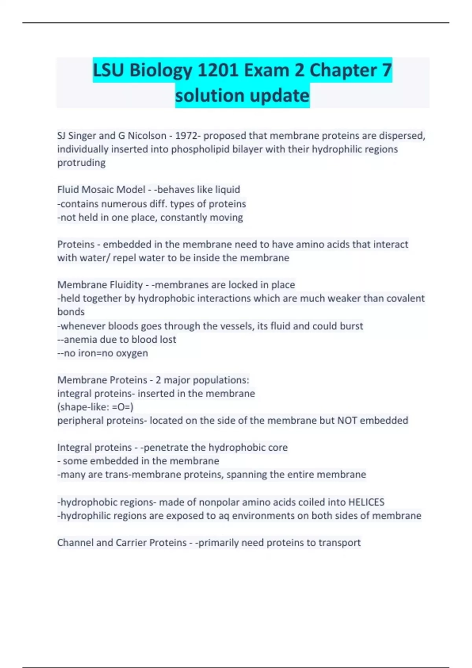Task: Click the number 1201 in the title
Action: tap(218, 70)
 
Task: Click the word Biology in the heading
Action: tap(160, 71)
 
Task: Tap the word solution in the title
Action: tap(210, 95)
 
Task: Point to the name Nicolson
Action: tap(147, 136)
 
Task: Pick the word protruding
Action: tap(81, 163)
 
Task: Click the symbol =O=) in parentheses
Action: tap(123, 407)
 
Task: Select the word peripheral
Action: tap(81, 421)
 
